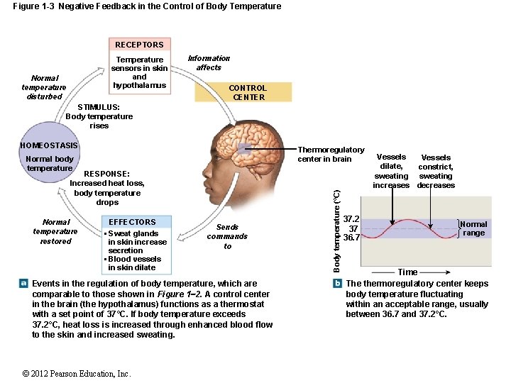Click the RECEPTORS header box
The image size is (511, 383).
click(139, 45)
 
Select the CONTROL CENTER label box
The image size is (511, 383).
click(248, 92)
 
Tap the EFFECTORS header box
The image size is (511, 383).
click(132, 222)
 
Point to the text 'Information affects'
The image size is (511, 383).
click(209, 63)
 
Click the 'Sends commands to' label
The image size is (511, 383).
click(227, 237)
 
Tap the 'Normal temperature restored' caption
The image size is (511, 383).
click(55, 231)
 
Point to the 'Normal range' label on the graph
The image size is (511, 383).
click(473, 228)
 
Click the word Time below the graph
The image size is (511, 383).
click(407, 272)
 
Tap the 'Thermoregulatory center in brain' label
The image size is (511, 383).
click(331, 154)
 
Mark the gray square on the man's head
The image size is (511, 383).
click(244, 149)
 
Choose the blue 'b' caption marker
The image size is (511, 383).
click(338, 284)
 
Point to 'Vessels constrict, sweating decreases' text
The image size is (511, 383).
click(436, 172)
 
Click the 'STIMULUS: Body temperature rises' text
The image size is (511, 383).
click(99, 117)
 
